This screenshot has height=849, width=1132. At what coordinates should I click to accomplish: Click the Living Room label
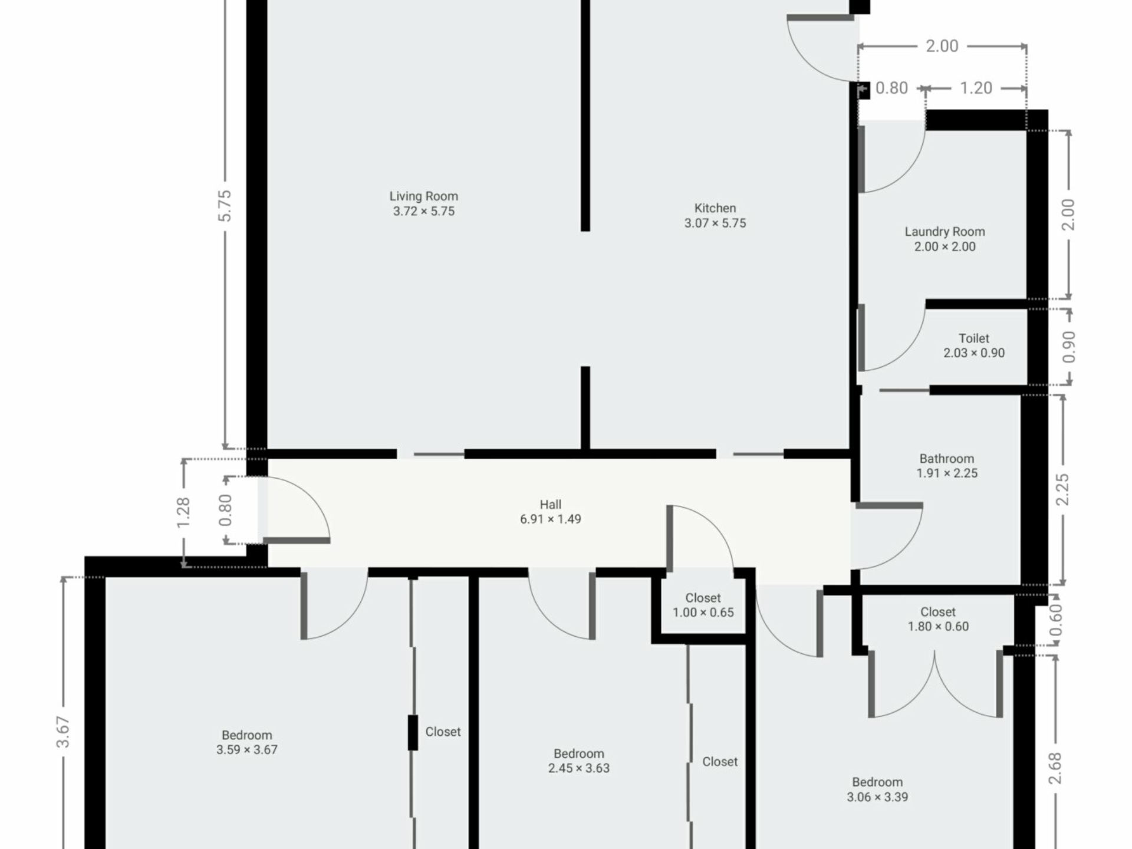pyautogui.click(x=423, y=196)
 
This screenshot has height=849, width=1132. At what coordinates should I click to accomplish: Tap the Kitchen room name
pyautogui.click(x=715, y=208)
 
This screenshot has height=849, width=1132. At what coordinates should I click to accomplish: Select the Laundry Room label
pyautogui.click(x=945, y=232)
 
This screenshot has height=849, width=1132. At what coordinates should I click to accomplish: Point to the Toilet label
pyautogui.click(x=974, y=338)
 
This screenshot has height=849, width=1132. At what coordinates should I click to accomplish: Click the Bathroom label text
pyautogui.click(x=947, y=459)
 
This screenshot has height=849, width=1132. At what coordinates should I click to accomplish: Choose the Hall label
pyautogui.click(x=551, y=505)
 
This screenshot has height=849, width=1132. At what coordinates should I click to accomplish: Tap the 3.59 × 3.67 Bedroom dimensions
pyautogui.click(x=246, y=750)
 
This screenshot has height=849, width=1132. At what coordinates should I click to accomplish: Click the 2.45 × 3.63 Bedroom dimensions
pyautogui.click(x=579, y=768)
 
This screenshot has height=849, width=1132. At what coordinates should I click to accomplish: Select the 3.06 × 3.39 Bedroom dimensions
pyautogui.click(x=877, y=797)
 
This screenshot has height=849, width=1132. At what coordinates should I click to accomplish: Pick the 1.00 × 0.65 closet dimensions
pyautogui.click(x=703, y=613)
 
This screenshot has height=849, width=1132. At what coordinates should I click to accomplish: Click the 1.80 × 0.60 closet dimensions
pyautogui.click(x=938, y=627)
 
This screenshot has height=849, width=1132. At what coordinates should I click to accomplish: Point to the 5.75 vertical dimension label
pyautogui.click(x=225, y=206)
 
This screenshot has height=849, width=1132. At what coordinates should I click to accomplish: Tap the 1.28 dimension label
pyautogui.click(x=183, y=512)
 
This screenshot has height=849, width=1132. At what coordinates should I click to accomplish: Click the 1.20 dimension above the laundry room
pyautogui.click(x=976, y=88)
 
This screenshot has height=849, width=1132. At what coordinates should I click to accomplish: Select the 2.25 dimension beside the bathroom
pyautogui.click(x=1062, y=489)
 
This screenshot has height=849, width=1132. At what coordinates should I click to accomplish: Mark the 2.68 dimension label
pyautogui.click(x=1055, y=768)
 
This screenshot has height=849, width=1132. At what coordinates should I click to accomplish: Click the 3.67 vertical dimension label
pyautogui.click(x=63, y=732)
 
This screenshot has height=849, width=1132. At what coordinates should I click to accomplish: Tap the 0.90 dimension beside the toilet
pyautogui.click(x=1068, y=347)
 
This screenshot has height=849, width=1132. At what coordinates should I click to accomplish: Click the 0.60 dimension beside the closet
pyautogui.click(x=1055, y=620)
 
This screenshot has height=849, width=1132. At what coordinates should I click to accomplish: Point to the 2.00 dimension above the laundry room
pyautogui.click(x=942, y=46)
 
